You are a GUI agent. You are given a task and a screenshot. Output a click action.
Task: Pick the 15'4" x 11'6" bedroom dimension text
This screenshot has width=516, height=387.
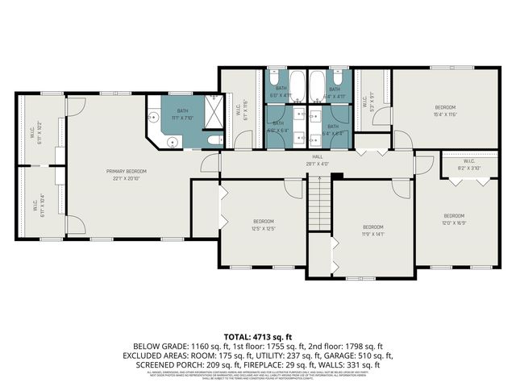tap(446, 114)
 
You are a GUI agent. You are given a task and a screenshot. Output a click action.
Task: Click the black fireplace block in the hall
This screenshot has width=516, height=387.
tap(338, 176)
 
